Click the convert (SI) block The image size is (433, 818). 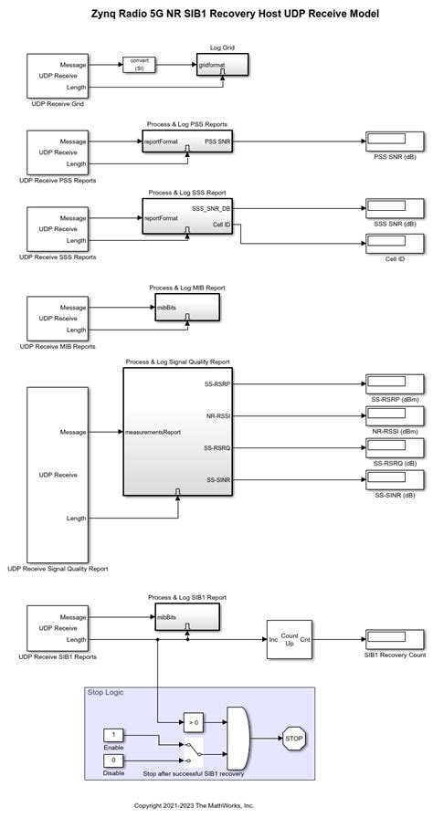pyautogui.click(x=140, y=65)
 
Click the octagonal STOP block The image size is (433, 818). pyautogui.click(x=293, y=738)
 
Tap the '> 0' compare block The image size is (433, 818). pyautogui.click(x=193, y=722)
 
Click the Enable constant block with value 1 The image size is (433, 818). pyautogui.click(x=112, y=734)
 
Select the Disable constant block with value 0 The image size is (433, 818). pyautogui.click(x=112, y=760)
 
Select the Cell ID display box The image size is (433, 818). pyautogui.click(x=395, y=244)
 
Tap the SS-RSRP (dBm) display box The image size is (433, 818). pyautogui.click(x=395, y=383)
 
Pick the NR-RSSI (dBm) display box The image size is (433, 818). pyautogui.click(x=395, y=415)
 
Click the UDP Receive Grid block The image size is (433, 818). pyautogui.click(x=63, y=76)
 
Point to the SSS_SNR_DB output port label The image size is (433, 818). pyautogui.click(x=211, y=209)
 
